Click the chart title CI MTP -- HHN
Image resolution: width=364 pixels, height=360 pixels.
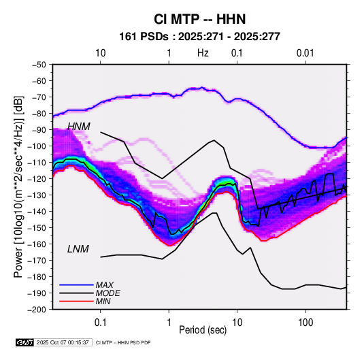[x=199, y=19]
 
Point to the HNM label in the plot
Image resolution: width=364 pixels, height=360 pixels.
[x=79, y=127]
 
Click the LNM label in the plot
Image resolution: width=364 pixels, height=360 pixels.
[x=78, y=249]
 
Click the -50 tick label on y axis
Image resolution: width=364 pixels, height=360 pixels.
[x=39, y=65]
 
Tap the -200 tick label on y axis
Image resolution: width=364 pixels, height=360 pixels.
[x=37, y=310]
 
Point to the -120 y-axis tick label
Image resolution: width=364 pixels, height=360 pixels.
[x=37, y=178]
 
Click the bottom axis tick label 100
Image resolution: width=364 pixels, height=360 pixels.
[x=305, y=323]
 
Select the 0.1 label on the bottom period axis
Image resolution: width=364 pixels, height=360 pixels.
[x=100, y=323]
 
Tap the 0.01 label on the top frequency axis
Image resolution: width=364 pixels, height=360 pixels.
[x=305, y=53]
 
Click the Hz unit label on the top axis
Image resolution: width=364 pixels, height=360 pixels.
[x=203, y=53]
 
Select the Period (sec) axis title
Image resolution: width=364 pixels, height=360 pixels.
[x=203, y=330]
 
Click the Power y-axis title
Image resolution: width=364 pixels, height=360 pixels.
[x=18, y=186]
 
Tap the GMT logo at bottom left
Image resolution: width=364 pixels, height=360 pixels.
[x=24, y=342]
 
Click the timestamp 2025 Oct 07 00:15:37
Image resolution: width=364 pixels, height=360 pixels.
[x=63, y=342]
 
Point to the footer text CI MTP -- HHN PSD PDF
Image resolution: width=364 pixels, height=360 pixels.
[x=123, y=342]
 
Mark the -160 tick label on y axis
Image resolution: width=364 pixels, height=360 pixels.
[x=37, y=244]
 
